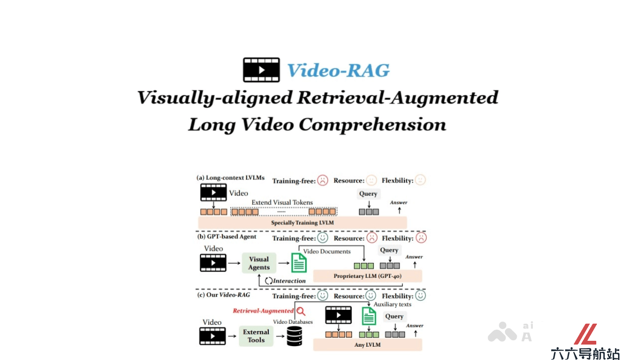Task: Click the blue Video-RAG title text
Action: point(338,70)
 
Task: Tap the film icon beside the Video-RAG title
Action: point(261,70)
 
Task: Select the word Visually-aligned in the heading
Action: point(215,98)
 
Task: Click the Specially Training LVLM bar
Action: point(302,222)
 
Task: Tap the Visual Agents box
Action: point(259,263)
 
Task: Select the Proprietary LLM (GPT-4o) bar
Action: point(367,276)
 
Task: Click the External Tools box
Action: point(256,336)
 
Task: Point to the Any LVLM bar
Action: point(367,345)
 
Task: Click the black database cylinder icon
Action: point(294,337)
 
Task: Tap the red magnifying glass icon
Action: point(301,311)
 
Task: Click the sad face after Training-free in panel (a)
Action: point(323,181)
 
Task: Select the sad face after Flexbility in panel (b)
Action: point(421,238)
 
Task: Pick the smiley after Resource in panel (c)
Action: point(371,295)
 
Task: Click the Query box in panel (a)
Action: point(369,194)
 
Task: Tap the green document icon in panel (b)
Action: point(299,262)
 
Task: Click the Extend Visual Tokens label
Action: point(282,202)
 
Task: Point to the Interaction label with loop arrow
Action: point(285,281)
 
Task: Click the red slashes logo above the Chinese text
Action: point(586,334)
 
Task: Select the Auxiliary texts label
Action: point(393,305)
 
